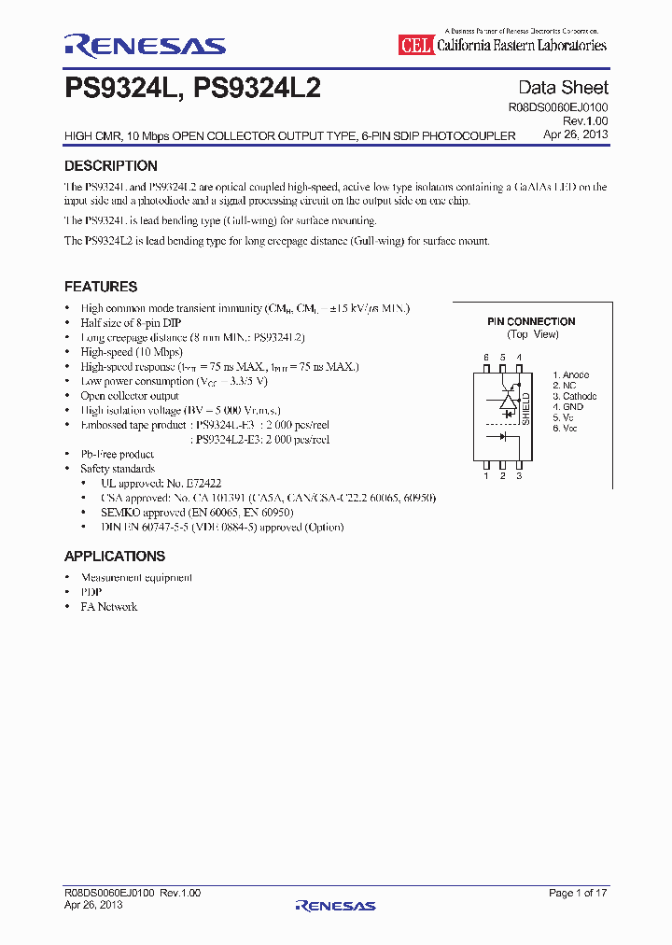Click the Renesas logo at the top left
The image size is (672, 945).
click(145, 45)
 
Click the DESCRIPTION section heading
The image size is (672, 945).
click(110, 166)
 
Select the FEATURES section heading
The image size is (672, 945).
click(101, 287)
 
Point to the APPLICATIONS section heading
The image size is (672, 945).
click(115, 557)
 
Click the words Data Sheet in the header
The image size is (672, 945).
click(563, 88)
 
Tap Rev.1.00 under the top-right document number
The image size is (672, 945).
click(585, 121)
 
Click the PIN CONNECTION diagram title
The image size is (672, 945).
click(531, 321)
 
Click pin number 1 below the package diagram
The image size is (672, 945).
click(486, 476)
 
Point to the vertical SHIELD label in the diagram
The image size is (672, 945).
click(525, 408)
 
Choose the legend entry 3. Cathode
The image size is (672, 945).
click(574, 396)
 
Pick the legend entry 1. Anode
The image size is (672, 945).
click(570, 374)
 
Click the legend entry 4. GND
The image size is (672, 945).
click(567, 407)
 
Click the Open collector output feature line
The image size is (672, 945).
click(129, 396)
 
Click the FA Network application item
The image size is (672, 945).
click(108, 607)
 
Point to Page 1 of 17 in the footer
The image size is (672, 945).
click(578, 894)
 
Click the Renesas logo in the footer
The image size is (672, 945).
click(335, 906)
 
